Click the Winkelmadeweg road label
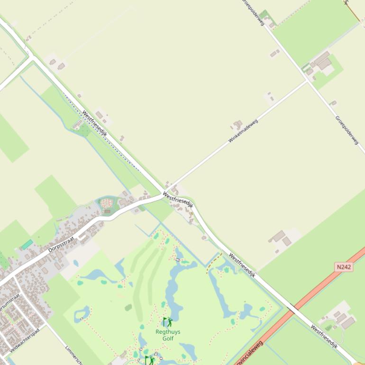click(243, 131)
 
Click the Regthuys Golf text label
click(168, 335)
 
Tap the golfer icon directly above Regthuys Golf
click(167, 323)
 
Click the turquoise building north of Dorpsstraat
click(27, 245)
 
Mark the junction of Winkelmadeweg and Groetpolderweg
click(308, 81)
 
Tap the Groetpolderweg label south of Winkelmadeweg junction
click(347, 130)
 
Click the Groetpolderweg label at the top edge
click(253, 11)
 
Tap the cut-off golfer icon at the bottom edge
click(149, 361)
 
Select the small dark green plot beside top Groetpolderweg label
click(264, 16)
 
